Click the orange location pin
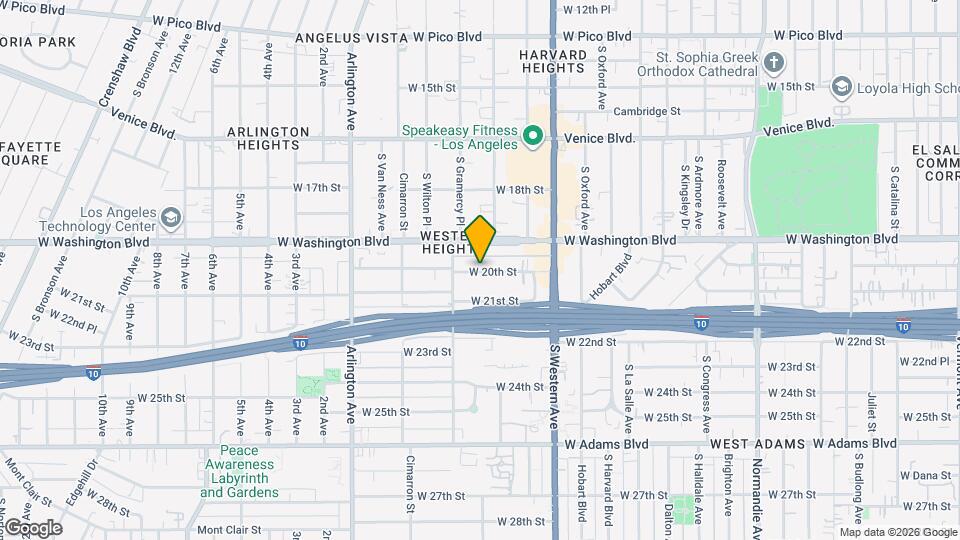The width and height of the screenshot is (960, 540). click(481, 238)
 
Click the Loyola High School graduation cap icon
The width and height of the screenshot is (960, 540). click(840, 87)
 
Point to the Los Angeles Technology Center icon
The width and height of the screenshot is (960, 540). click(171, 217)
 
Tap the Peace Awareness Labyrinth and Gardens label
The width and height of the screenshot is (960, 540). click(239, 472)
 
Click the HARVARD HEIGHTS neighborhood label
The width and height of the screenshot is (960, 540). click(552, 60)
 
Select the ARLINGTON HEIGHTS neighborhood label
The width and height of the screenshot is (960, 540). click(268, 138)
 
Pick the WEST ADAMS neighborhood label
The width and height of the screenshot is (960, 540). click(751, 443)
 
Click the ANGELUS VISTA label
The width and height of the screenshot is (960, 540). click(351, 37)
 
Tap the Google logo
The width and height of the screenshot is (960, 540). click(32, 527)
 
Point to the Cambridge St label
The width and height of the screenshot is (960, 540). click(647, 111)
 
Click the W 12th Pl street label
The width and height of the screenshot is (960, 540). click(586, 9)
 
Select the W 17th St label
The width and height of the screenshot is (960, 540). click(317, 187)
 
